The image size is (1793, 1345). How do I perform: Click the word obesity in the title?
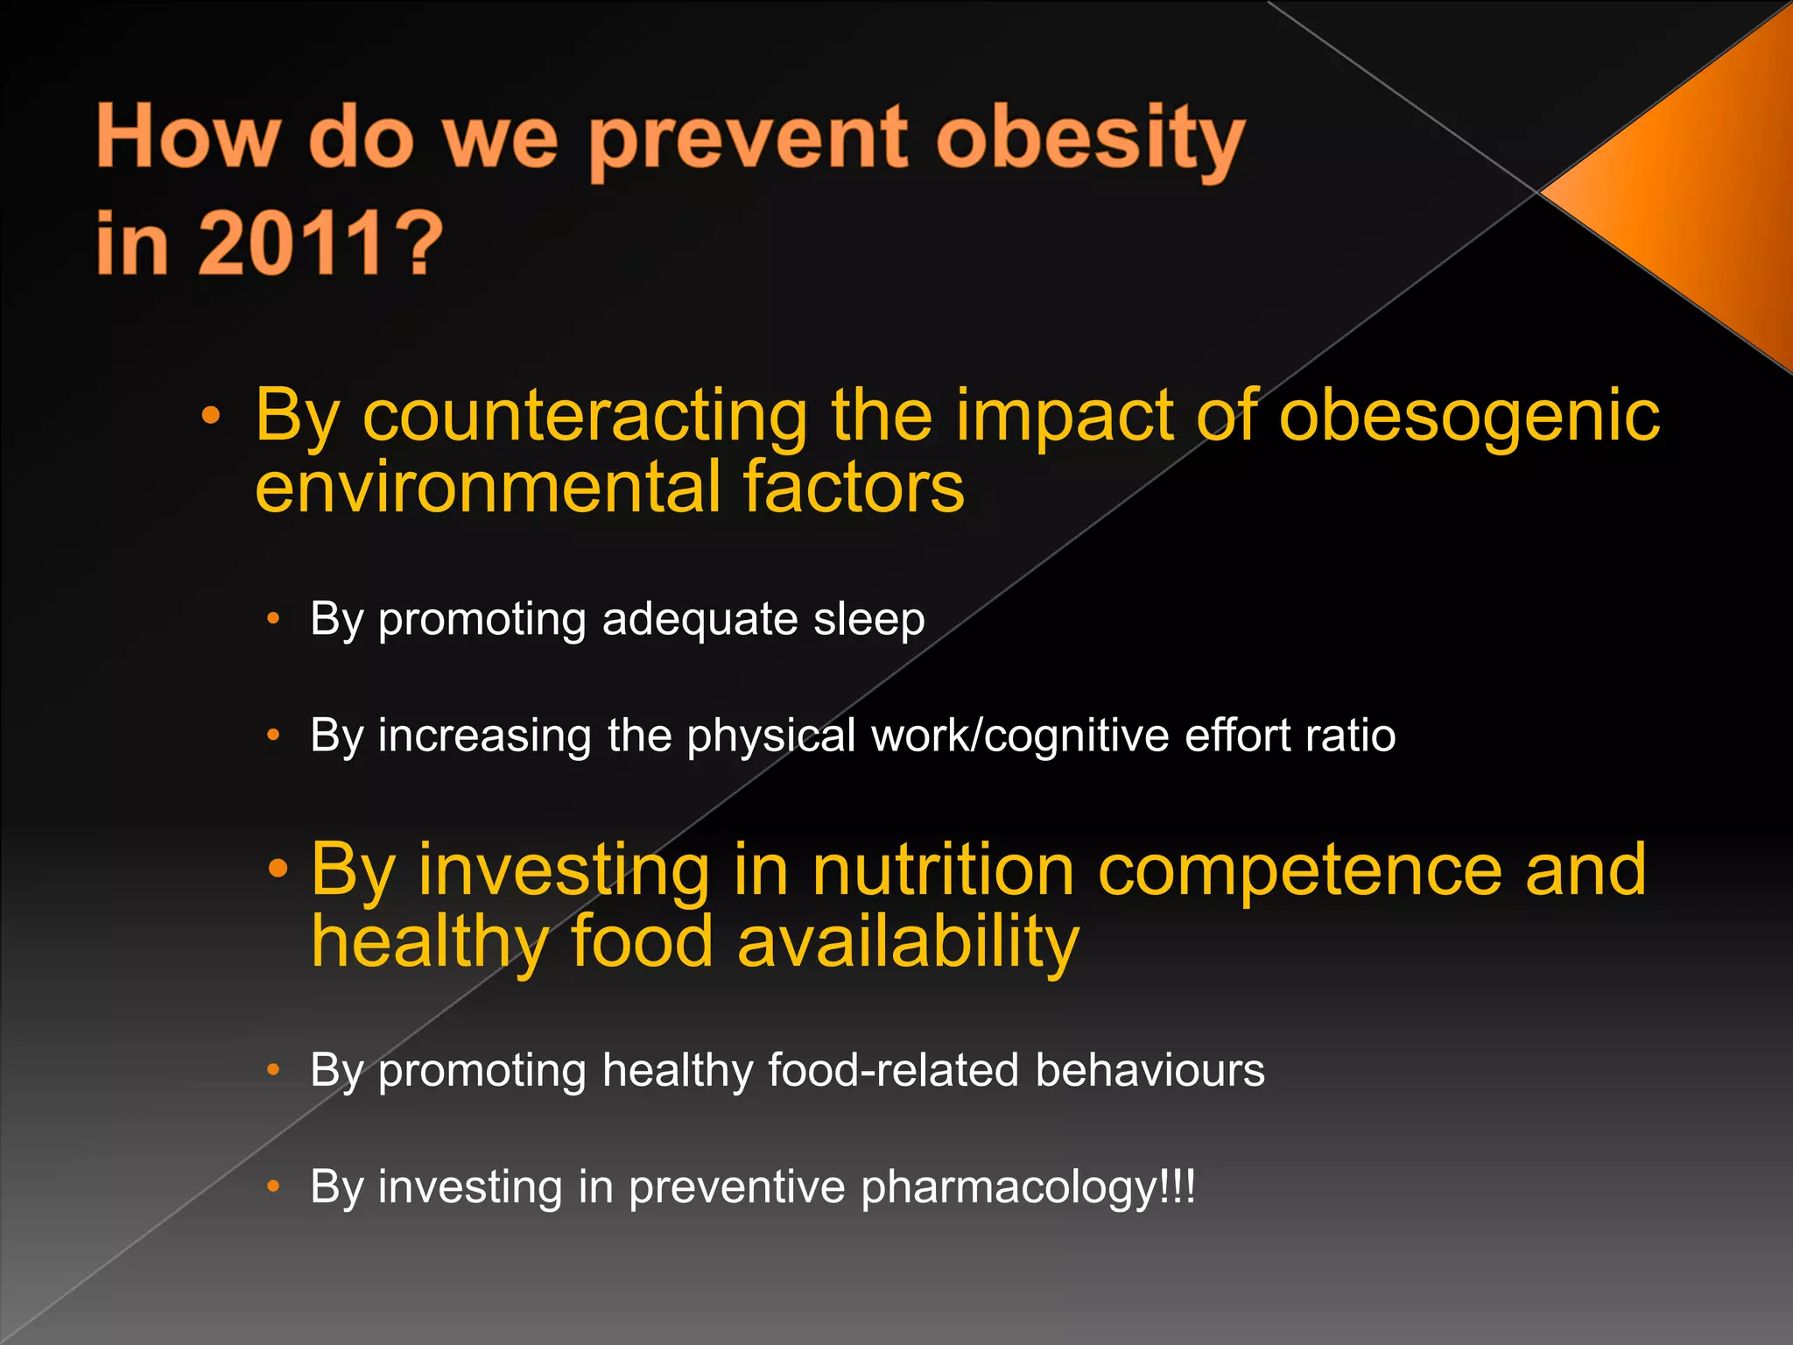tap(1090, 140)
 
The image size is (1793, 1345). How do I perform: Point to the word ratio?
tap(1350, 735)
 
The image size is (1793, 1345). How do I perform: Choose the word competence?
tap(1299, 871)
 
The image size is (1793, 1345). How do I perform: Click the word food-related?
tap(893, 1070)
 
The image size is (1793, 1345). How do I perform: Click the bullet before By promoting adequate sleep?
tap(273, 619)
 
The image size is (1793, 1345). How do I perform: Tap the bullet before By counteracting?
tap(210, 416)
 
